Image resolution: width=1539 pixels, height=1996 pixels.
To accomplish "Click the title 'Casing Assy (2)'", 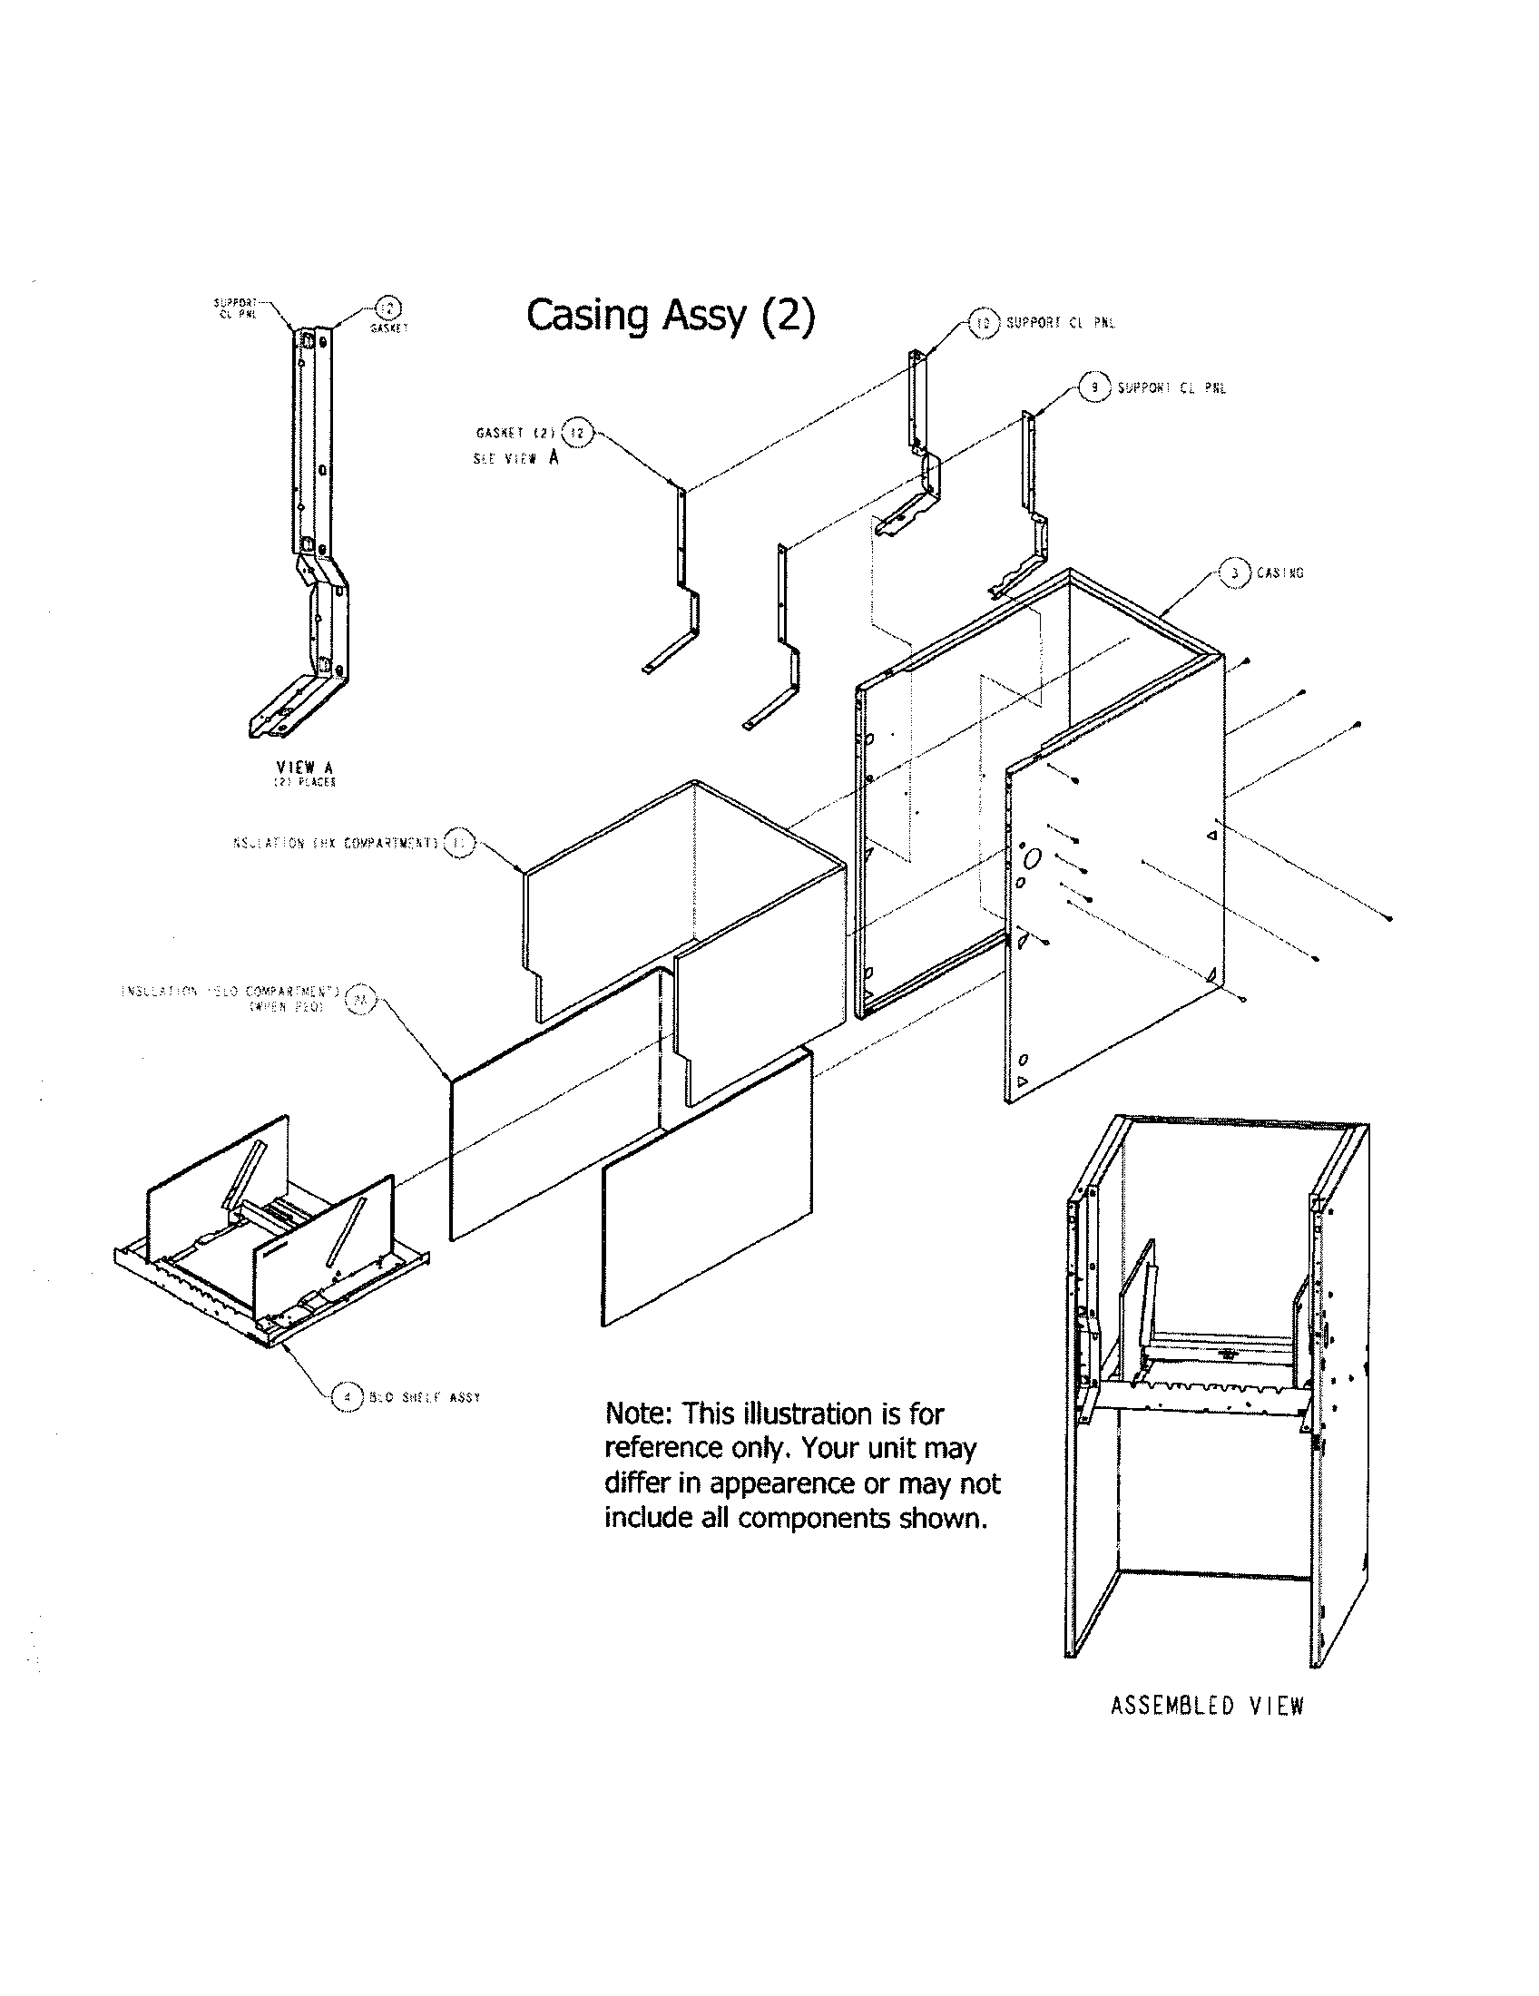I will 670,316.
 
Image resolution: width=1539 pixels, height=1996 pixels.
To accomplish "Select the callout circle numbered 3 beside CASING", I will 1235,573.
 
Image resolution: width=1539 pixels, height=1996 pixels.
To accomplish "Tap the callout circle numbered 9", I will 1094,387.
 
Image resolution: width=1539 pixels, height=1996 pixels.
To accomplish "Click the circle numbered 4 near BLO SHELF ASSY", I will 347,1396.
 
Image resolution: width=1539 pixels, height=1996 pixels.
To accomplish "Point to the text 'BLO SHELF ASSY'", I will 425,1397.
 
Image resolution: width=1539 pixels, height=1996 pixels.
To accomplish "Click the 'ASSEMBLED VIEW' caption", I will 1206,1707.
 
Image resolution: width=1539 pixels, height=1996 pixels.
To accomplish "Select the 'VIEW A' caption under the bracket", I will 304,768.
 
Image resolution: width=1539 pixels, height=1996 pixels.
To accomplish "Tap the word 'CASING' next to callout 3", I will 1279,573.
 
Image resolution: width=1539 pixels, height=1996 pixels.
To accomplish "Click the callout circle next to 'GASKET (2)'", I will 576,431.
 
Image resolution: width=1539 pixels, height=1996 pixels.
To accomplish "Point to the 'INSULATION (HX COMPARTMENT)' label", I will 333,843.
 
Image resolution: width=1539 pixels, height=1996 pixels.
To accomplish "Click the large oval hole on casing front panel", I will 1033,858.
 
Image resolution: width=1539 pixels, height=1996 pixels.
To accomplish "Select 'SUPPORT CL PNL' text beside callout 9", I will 1171,388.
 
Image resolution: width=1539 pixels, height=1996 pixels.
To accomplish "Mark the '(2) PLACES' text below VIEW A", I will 305,783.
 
